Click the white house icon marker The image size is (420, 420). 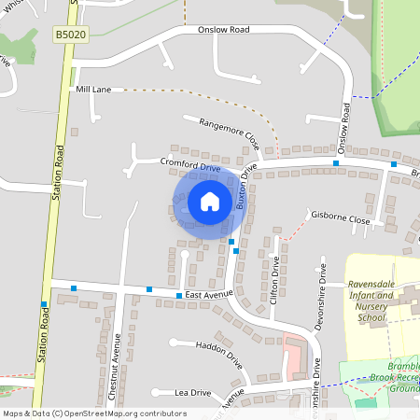pyautogui.click(x=210, y=201)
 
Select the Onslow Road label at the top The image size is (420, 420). pyautogui.click(x=224, y=30)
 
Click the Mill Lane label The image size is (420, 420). pyautogui.click(x=93, y=89)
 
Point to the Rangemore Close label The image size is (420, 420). pyautogui.click(x=220, y=133)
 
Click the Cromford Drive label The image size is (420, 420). pyautogui.click(x=189, y=165)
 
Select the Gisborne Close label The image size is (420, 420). pyautogui.click(x=341, y=221)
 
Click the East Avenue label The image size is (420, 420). pyautogui.click(x=207, y=295)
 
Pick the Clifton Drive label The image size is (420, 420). pyautogui.click(x=274, y=278)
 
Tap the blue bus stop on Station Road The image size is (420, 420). pyautogui.click(x=43, y=304)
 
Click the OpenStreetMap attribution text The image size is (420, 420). pyautogui.click(x=94, y=413)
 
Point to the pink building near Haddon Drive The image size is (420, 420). pyautogui.click(x=294, y=350)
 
